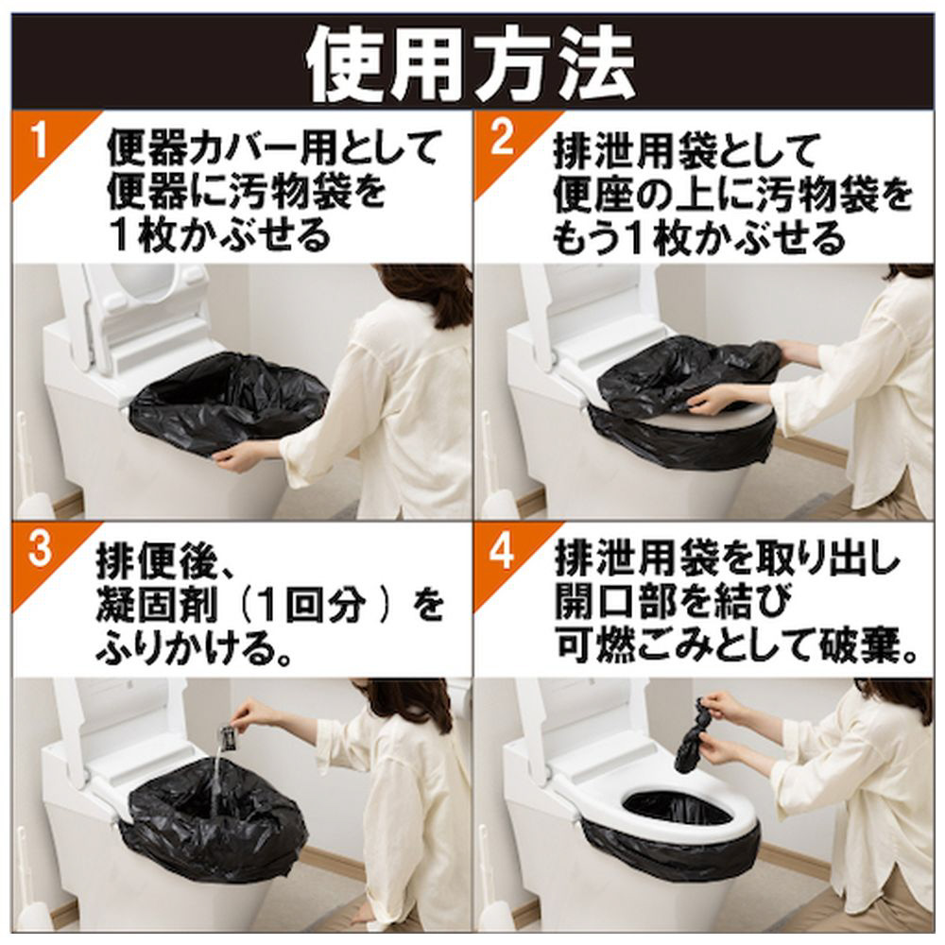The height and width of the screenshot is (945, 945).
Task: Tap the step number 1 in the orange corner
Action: click(39, 141)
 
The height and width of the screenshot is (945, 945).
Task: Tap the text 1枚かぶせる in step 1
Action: click(219, 235)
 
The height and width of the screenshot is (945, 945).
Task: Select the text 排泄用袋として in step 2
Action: click(684, 150)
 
